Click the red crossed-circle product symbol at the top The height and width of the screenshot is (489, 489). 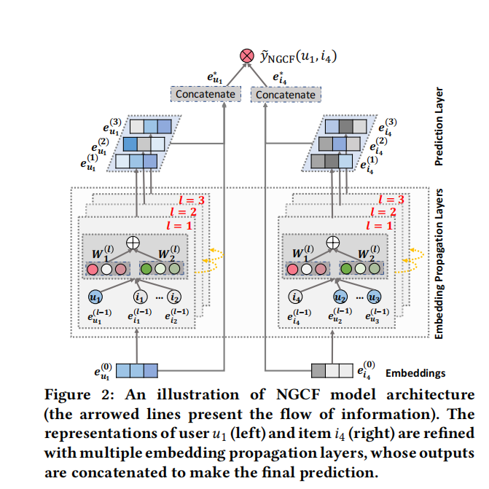tap(246, 55)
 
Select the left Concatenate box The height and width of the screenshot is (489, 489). tap(207, 94)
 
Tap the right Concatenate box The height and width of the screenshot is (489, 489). tap(285, 94)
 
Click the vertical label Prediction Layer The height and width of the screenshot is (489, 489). tap(439, 128)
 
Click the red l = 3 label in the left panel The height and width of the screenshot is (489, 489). tap(192, 200)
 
